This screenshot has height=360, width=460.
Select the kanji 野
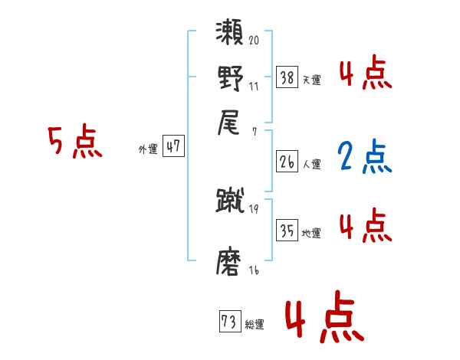pos(230,78)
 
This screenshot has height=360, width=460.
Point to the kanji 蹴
pos(230,201)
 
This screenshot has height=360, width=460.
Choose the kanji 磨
pos(230,263)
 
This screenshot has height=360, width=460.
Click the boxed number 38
pos(287,77)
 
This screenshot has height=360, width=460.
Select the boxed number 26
pos(287,162)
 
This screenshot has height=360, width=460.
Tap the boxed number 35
pos(287,231)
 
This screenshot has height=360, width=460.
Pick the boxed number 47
pos(173,147)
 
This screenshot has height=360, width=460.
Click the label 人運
pos(311,164)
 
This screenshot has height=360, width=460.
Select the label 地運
pos(311,233)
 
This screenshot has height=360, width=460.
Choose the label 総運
pos(255,325)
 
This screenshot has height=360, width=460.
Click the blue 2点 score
pos(364,155)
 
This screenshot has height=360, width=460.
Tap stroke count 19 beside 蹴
pos(254,208)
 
